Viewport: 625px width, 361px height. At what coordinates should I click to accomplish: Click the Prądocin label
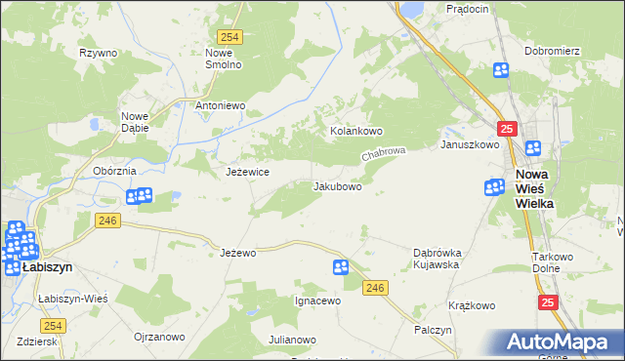[466, 8]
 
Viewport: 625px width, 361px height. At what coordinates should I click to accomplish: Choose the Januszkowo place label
[470, 144]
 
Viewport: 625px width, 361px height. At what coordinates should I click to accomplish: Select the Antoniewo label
[220, 105]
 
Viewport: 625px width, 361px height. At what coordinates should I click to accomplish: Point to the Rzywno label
[99, 53]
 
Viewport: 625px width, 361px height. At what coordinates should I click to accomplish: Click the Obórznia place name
[113, 171]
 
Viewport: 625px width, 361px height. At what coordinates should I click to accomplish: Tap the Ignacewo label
[317, 301]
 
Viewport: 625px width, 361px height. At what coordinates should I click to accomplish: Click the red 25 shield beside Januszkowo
[506, 128]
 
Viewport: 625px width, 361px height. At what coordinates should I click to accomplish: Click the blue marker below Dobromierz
[501, 69]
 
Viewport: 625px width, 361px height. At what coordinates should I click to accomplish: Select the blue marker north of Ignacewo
[340, 267]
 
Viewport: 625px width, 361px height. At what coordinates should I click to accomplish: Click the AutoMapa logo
[556, 341]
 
